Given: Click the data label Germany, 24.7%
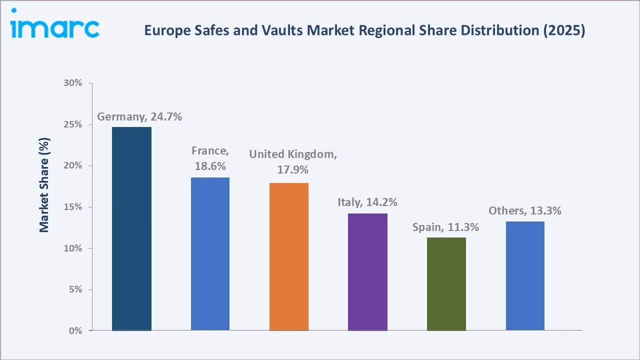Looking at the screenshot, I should (x=139, y=117).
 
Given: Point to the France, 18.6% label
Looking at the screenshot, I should (x=210, y=158).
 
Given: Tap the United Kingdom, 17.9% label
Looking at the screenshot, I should (x=293, y=162).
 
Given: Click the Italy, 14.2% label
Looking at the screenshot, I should (x=367, y=202).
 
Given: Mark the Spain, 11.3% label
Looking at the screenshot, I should (x=445, y=227).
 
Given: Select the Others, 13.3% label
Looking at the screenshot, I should (x=525, y=211).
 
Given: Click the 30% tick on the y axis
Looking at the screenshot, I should (x=73, y=83).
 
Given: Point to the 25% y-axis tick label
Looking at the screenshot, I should (x=73, y=124).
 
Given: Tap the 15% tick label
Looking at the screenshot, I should (x=73, y=207).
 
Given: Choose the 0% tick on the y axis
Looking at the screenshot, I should (x=75, y=331).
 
